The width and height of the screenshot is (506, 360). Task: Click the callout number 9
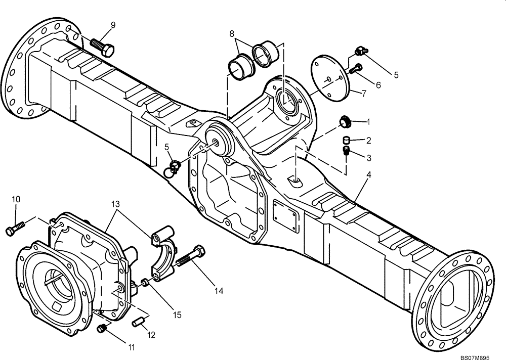[112, 25]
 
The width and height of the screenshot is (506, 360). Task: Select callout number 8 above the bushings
[232, 34]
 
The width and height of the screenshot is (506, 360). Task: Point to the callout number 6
[377, 85]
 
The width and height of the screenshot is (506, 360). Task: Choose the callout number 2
[369, 140]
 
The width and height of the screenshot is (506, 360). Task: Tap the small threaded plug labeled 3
[347, 151]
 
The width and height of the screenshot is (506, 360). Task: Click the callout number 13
[116, 204]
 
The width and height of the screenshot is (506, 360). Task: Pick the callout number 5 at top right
[396, 75]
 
